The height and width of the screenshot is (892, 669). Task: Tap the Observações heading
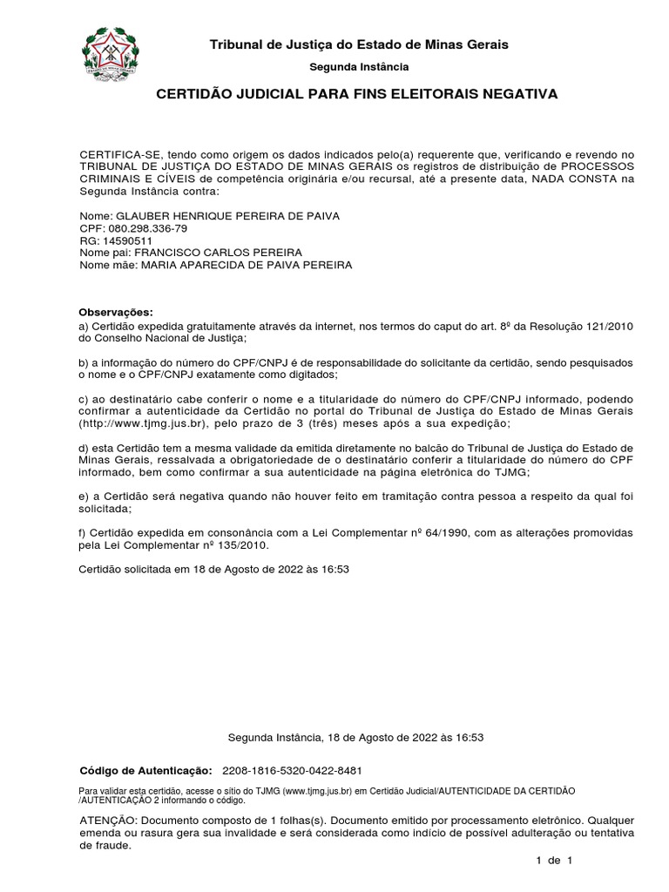[116, 312]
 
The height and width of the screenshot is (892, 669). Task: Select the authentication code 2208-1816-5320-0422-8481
[293, 771]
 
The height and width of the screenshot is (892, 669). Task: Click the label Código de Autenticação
[145, 771]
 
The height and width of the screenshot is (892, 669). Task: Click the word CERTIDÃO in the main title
[193, 93]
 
